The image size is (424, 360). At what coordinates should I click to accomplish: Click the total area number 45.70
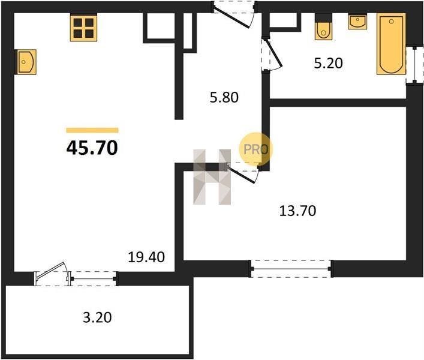(x=92, y=148)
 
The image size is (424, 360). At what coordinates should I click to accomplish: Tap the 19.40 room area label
(x=146, y=257)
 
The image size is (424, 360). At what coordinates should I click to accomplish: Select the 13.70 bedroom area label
(x=297, y=211)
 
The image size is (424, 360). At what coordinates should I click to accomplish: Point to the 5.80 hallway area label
(x=224, y=97)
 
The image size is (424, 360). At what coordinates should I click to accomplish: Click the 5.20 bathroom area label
(x=328, y=63)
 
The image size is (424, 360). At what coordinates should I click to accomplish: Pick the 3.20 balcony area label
(x=97, y=317)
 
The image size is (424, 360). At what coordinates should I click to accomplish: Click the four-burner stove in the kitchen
(x=83, y=28)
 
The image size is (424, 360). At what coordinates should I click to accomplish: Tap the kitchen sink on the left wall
(x=26, y=62)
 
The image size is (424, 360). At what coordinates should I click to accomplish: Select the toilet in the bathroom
(x=323, y=30)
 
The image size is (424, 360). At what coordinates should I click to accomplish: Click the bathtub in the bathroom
(x=391, y=44)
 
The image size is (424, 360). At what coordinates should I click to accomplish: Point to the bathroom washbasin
(x=358, y=22)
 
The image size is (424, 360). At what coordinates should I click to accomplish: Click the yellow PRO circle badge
(x=255, y=149)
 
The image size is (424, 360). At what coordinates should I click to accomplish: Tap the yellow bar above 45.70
(x=92, y=130)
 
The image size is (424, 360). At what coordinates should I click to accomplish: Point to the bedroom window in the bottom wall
(x=291, y=269)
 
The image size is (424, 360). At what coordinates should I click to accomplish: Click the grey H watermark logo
(x=212, y=177)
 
